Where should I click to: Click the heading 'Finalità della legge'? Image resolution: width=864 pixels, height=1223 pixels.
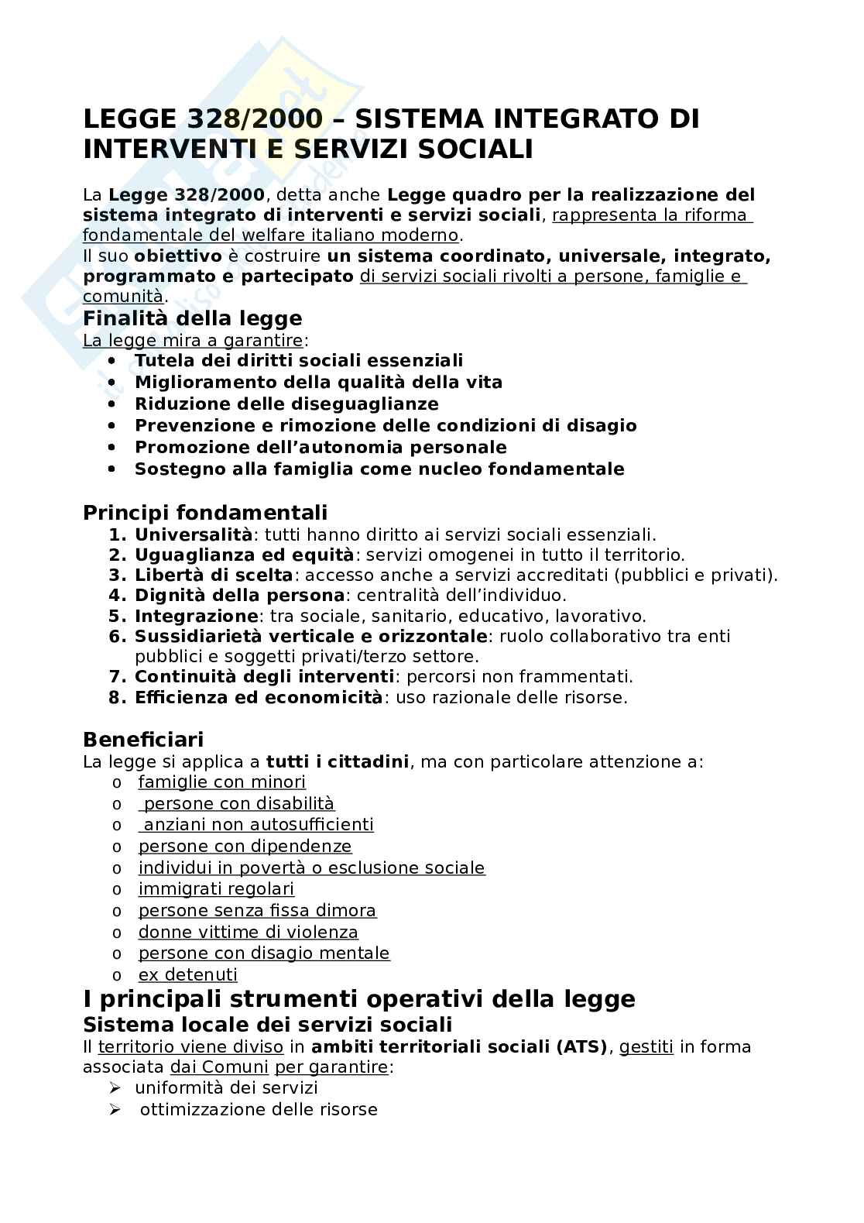pyautogui.click(x=192, y=318)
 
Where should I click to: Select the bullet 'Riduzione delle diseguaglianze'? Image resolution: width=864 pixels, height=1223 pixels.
pyautogui.click(x=286, y=404)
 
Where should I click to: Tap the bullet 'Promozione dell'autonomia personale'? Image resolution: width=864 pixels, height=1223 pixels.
pyautogui.click(x=321, y=448)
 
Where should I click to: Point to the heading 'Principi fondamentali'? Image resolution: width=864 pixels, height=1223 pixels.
pyautogui.click(x=205, y=513)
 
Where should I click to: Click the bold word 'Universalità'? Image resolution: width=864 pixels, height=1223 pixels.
pyautogui.click(x=194, y=534)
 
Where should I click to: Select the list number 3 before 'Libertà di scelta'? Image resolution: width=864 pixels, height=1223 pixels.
pyautogui.click(x=117, y=575)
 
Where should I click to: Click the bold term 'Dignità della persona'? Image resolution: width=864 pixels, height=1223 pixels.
pyautogui.click(x=239, y=596)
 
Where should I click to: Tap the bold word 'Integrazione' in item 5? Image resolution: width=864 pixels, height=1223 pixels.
pyautogui.click(x=196, y=617)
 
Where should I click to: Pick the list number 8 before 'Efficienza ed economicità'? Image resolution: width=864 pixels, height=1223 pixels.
pyautogui.click(x=117, y=697)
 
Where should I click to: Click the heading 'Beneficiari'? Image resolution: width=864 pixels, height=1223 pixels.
pyautogui.click(x=143, y=739)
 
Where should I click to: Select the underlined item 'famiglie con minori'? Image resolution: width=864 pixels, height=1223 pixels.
pyautogui.click(x=222, y=782)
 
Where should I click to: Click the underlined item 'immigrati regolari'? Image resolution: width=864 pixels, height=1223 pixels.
pyautogui.click(x=216, y=889)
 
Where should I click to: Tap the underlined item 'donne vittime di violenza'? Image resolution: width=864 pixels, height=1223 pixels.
pyautogui.click(x=249, y=933)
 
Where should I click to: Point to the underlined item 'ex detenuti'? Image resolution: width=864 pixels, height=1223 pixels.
pyautogui.click(x=188, y=975)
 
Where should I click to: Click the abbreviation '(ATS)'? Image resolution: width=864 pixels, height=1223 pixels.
pyautogui.click(x=581, y=1047)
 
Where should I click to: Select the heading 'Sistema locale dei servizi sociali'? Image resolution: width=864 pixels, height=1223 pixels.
pyautogui.click(x=267, y=1025)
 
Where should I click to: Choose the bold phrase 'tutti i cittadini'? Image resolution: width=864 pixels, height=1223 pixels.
pyautogui.click(x=337, y=761)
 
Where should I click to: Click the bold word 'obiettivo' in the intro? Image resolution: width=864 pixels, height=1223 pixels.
pyautogui.click(x=178, y=256)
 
